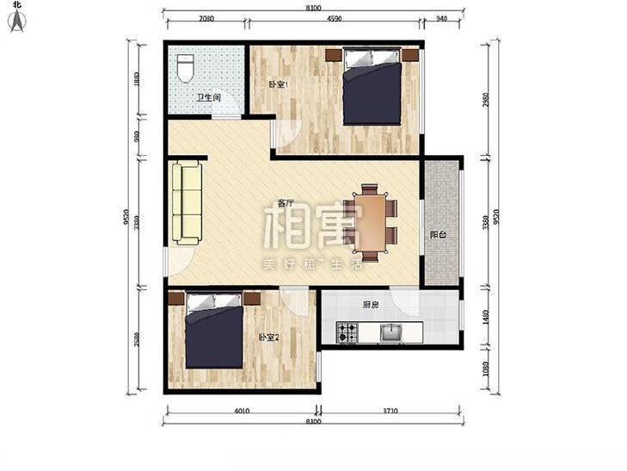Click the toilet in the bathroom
click(x=183, y=68)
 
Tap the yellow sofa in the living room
click(x=186, y=201)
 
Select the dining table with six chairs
click(x=370, y=222)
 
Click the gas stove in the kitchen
click(x=347, y=331)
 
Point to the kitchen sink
click(x=391, y=332)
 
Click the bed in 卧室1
click(x=372, y=87)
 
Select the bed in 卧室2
click(x=214, y=330)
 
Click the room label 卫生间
click(x=209, y=97)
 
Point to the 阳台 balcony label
click(x=439, y=233)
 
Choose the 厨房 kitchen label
click(x=372, y=303)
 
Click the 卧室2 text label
click(x=268, y=338)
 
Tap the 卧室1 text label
click(x=279, y=84)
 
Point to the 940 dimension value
click(x=441, y=18)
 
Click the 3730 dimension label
click(x=390, y=412)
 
